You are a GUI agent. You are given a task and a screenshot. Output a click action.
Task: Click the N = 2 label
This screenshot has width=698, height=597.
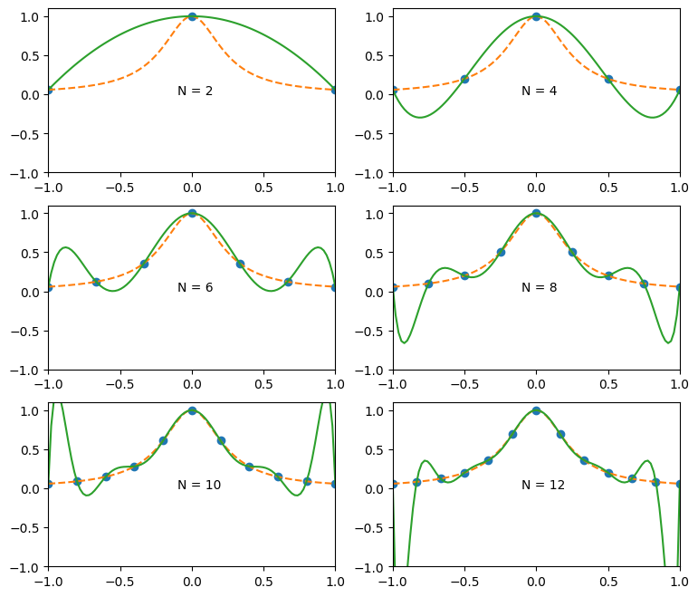(x=196, y=91)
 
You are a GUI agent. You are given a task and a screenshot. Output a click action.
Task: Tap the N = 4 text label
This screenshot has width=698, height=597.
(x=540, y=91)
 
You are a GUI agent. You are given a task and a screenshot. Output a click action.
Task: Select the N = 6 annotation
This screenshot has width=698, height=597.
(x=196, y=287)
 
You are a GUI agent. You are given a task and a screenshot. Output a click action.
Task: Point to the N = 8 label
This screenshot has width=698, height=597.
(x=540, y=287)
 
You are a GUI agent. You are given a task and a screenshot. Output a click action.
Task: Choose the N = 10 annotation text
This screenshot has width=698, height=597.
(x=199, y=485)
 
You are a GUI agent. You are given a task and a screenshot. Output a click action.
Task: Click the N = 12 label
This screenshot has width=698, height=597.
(x=543, y=485)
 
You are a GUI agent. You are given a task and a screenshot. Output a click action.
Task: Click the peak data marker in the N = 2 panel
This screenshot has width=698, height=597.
(x=192, y=16)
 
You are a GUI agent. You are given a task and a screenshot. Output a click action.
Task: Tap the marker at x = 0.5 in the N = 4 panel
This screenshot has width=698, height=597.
(x=608, y=79)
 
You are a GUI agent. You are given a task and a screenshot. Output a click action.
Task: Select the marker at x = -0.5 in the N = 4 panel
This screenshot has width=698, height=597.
(x=464, y=79)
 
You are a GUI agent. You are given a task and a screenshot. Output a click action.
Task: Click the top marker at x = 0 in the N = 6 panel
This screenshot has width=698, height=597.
(x=192, y=213)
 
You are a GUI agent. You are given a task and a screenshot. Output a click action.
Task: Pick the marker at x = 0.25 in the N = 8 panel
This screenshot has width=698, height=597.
(x=572, y=252)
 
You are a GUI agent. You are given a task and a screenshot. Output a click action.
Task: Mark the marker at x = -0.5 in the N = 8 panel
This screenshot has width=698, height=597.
(x=464, y=275)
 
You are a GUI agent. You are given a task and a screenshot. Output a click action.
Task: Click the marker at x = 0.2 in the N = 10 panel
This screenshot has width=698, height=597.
(x=221, y=440)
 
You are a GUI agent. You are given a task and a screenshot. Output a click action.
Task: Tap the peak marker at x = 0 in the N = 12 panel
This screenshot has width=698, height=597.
(x=536, y=410)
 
